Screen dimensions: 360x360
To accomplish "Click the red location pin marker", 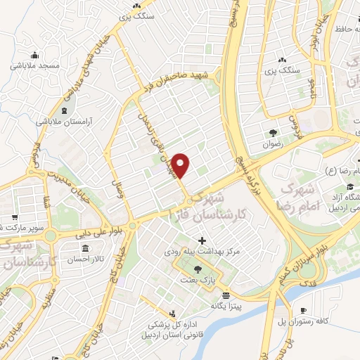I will (181, 165).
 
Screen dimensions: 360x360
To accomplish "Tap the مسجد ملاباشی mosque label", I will (29, 65).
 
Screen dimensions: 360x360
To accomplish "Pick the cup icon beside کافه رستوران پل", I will (304, 311).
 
